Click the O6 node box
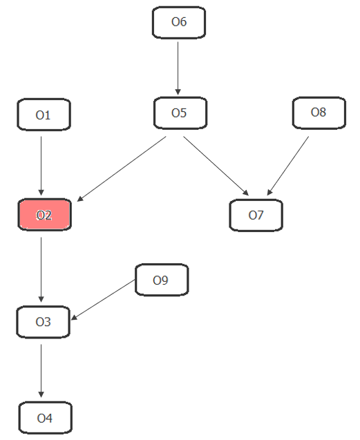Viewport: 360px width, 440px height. [179, 22]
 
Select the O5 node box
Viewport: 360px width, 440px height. [180, 113]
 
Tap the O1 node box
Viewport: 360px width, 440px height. [44, 115]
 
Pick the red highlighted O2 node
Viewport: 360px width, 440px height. [45, 215]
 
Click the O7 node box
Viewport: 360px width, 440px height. [256, 216]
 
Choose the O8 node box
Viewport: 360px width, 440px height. [319, 113]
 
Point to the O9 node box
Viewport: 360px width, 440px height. [162, 280]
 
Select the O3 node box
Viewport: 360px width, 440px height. [44, 322]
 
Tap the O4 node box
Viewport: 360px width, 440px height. [46, 418]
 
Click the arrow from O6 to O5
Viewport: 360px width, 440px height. [178, 68]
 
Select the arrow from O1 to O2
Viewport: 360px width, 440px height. [41, 166]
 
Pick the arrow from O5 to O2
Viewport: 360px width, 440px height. [122, 169]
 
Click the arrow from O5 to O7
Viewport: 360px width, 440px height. [216, 166]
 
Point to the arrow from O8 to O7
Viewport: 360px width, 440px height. [288, 166]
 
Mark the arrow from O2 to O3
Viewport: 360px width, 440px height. [41, 269]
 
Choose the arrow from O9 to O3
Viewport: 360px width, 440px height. [103, 300]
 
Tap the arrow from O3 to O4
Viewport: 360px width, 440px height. [41, 371]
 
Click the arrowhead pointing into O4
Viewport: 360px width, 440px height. [41, 394]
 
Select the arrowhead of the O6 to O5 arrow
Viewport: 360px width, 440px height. [178, 92]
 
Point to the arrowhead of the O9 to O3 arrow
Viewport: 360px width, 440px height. [74, 318]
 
